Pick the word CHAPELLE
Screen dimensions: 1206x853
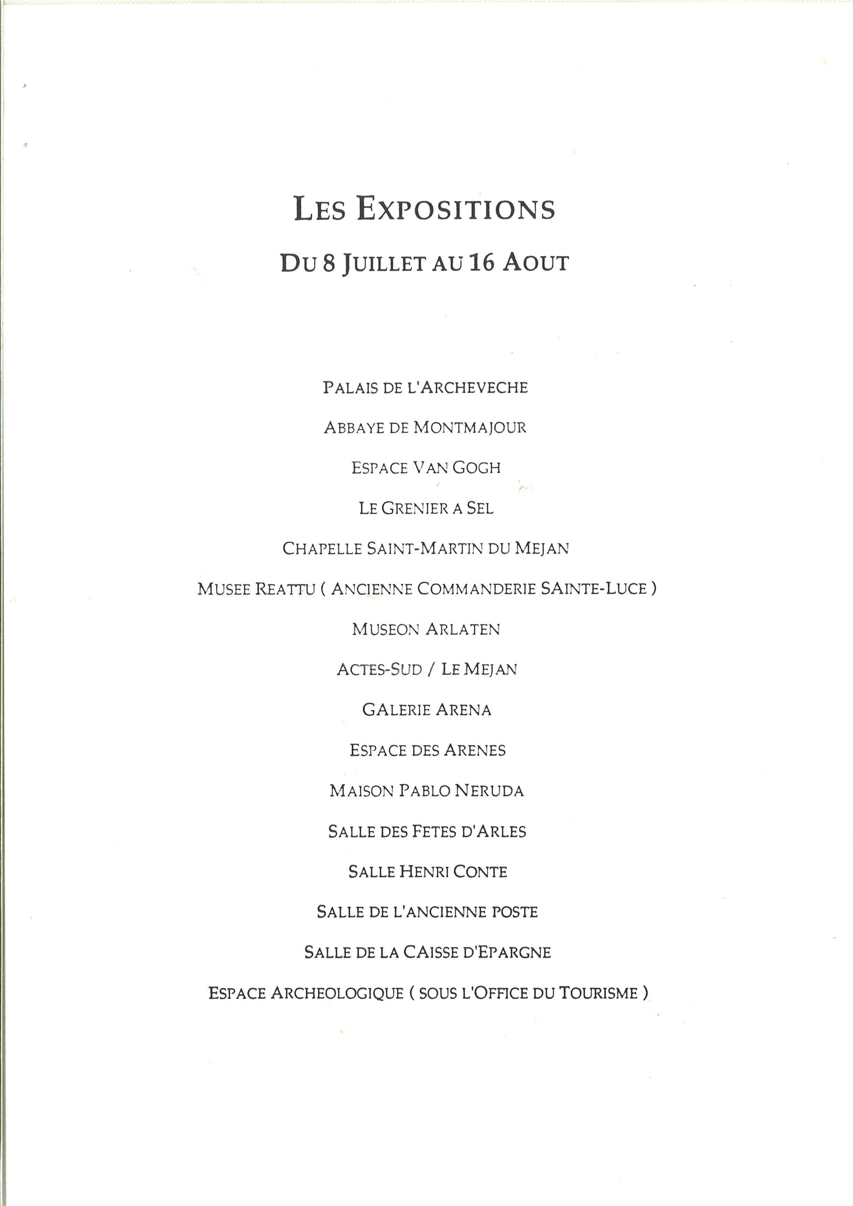coord(322,549)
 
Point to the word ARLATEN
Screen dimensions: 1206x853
coord(463,629)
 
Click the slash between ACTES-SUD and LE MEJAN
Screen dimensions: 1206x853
coord(431,670)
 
